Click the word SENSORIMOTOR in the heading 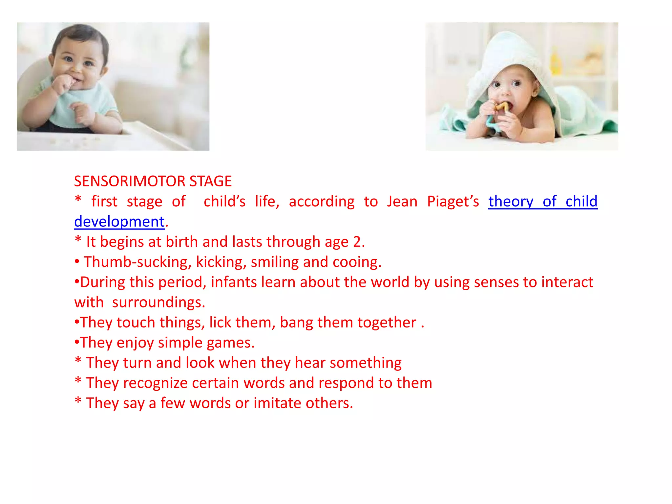coord(130,181)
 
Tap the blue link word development coord(119,222)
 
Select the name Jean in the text coord(402,201)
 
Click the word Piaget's coord(453,201)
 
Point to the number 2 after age coord(357,242)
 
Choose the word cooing coord(357,262)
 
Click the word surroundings coord(158,303)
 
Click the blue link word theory coord(511,201)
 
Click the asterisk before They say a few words coord(78,401)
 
